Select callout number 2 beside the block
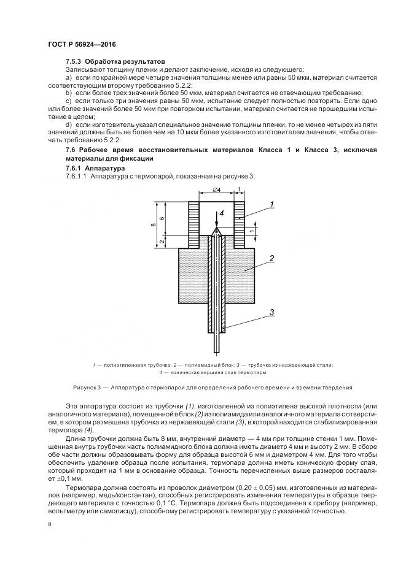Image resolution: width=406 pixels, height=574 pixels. click(x=272, y=259)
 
